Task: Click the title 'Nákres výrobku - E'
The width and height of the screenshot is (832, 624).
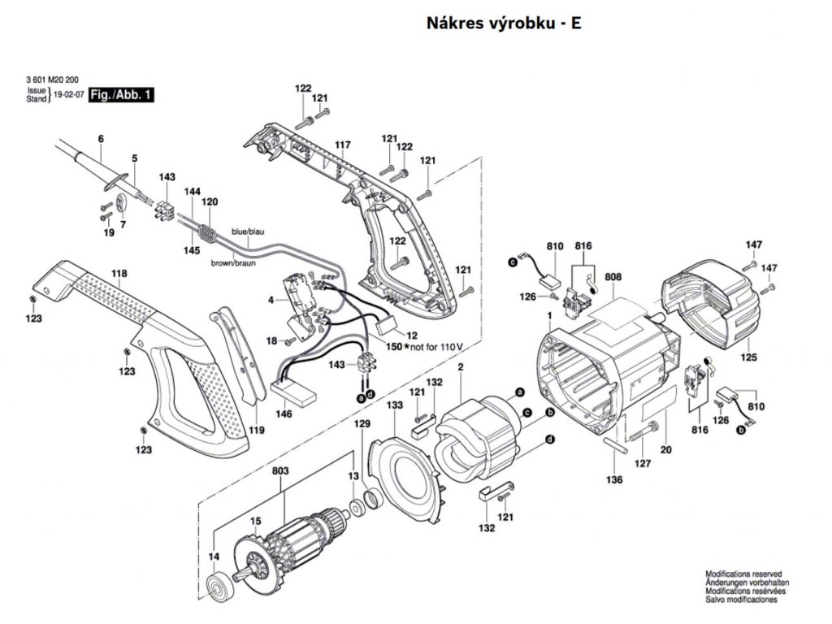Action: coord(504,23)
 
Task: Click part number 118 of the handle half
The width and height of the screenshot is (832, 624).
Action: coord(119,275)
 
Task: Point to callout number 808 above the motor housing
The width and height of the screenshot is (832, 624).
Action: coord(613,277)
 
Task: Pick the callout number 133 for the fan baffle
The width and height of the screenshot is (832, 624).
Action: coord(395,405)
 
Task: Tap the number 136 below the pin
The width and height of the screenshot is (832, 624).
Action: coord(614,480)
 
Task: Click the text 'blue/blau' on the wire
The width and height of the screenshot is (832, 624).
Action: coord(249,232)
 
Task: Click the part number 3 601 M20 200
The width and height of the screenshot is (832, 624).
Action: coord(58,80)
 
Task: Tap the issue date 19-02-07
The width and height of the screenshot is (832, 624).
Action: coord(68,95)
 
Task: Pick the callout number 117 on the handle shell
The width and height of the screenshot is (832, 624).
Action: coord(342,145)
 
